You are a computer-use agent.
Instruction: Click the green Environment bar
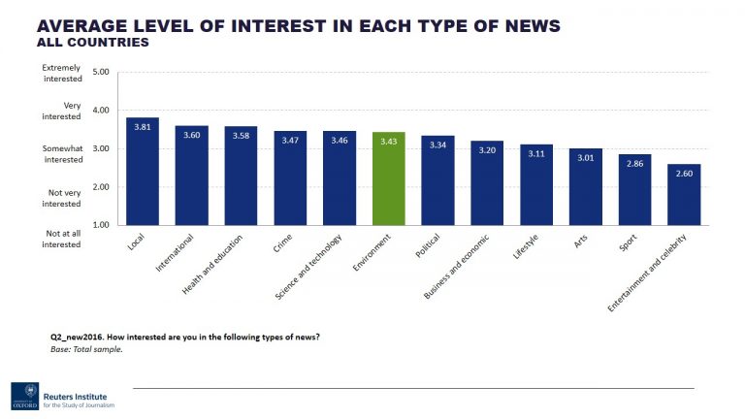pos(388,184)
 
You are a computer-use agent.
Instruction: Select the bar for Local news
pos(142,175)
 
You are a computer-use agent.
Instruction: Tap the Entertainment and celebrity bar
pos(684,199)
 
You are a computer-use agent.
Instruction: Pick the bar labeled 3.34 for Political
pos(437,184)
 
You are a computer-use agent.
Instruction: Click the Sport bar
pos(634,194)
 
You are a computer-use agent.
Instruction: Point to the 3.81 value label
pos(142,127)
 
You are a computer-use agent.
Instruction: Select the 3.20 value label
pos(487,150)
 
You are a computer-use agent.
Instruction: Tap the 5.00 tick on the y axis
pos(101,72)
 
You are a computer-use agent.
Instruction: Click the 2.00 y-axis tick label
pos(101,186)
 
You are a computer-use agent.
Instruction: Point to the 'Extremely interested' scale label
pos(62,73)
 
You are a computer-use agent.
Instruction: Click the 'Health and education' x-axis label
pos(214,263)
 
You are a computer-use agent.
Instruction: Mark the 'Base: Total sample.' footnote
pos(87,348)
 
